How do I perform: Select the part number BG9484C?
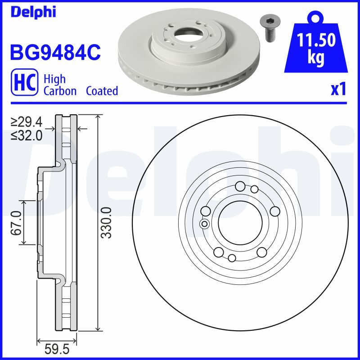pyautogui.click(x=54, y=53)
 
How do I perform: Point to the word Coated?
pyautogui.click(x=102, y=91)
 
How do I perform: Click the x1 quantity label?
pyautogui.click(x=337, y=90)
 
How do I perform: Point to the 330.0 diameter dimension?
pyautogui.click(x=106, y=223)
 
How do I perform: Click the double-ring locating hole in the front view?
pyautogui.click(x=204, y=224)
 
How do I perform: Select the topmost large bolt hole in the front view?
pyautogui.click(x=240, y=186)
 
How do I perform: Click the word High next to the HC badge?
pyautogui.click(x=55, y=79)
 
